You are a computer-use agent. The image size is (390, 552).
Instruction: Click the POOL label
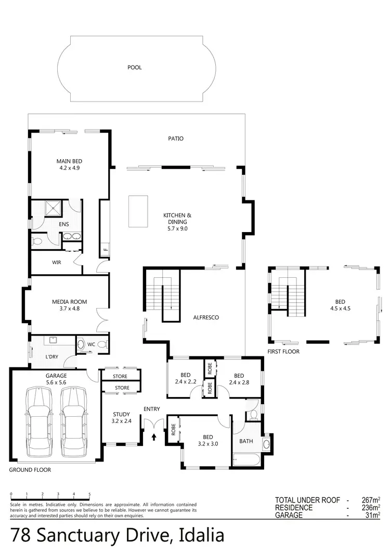pyautogui.click(x=134, y=67)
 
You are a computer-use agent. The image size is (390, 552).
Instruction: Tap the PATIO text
pyautogui.click(x=176, y=139)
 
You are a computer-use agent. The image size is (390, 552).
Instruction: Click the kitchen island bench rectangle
pyautogui.click(x=138, y=211)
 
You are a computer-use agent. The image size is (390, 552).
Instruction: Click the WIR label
pyautogui.click(x=57, y=263)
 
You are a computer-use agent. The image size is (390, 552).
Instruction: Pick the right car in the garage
pyautogui.click(x=72, y=418)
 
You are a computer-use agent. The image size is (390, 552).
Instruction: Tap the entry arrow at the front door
pyautogui.click(x=153, y=438)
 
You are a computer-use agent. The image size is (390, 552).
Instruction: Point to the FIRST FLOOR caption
pyautogui.click(x=284, y=352)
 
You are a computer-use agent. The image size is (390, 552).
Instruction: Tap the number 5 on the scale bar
pyautogui.click(x=89, y=494)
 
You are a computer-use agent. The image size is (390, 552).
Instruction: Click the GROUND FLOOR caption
pyautogui.click(x=30, y=470)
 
